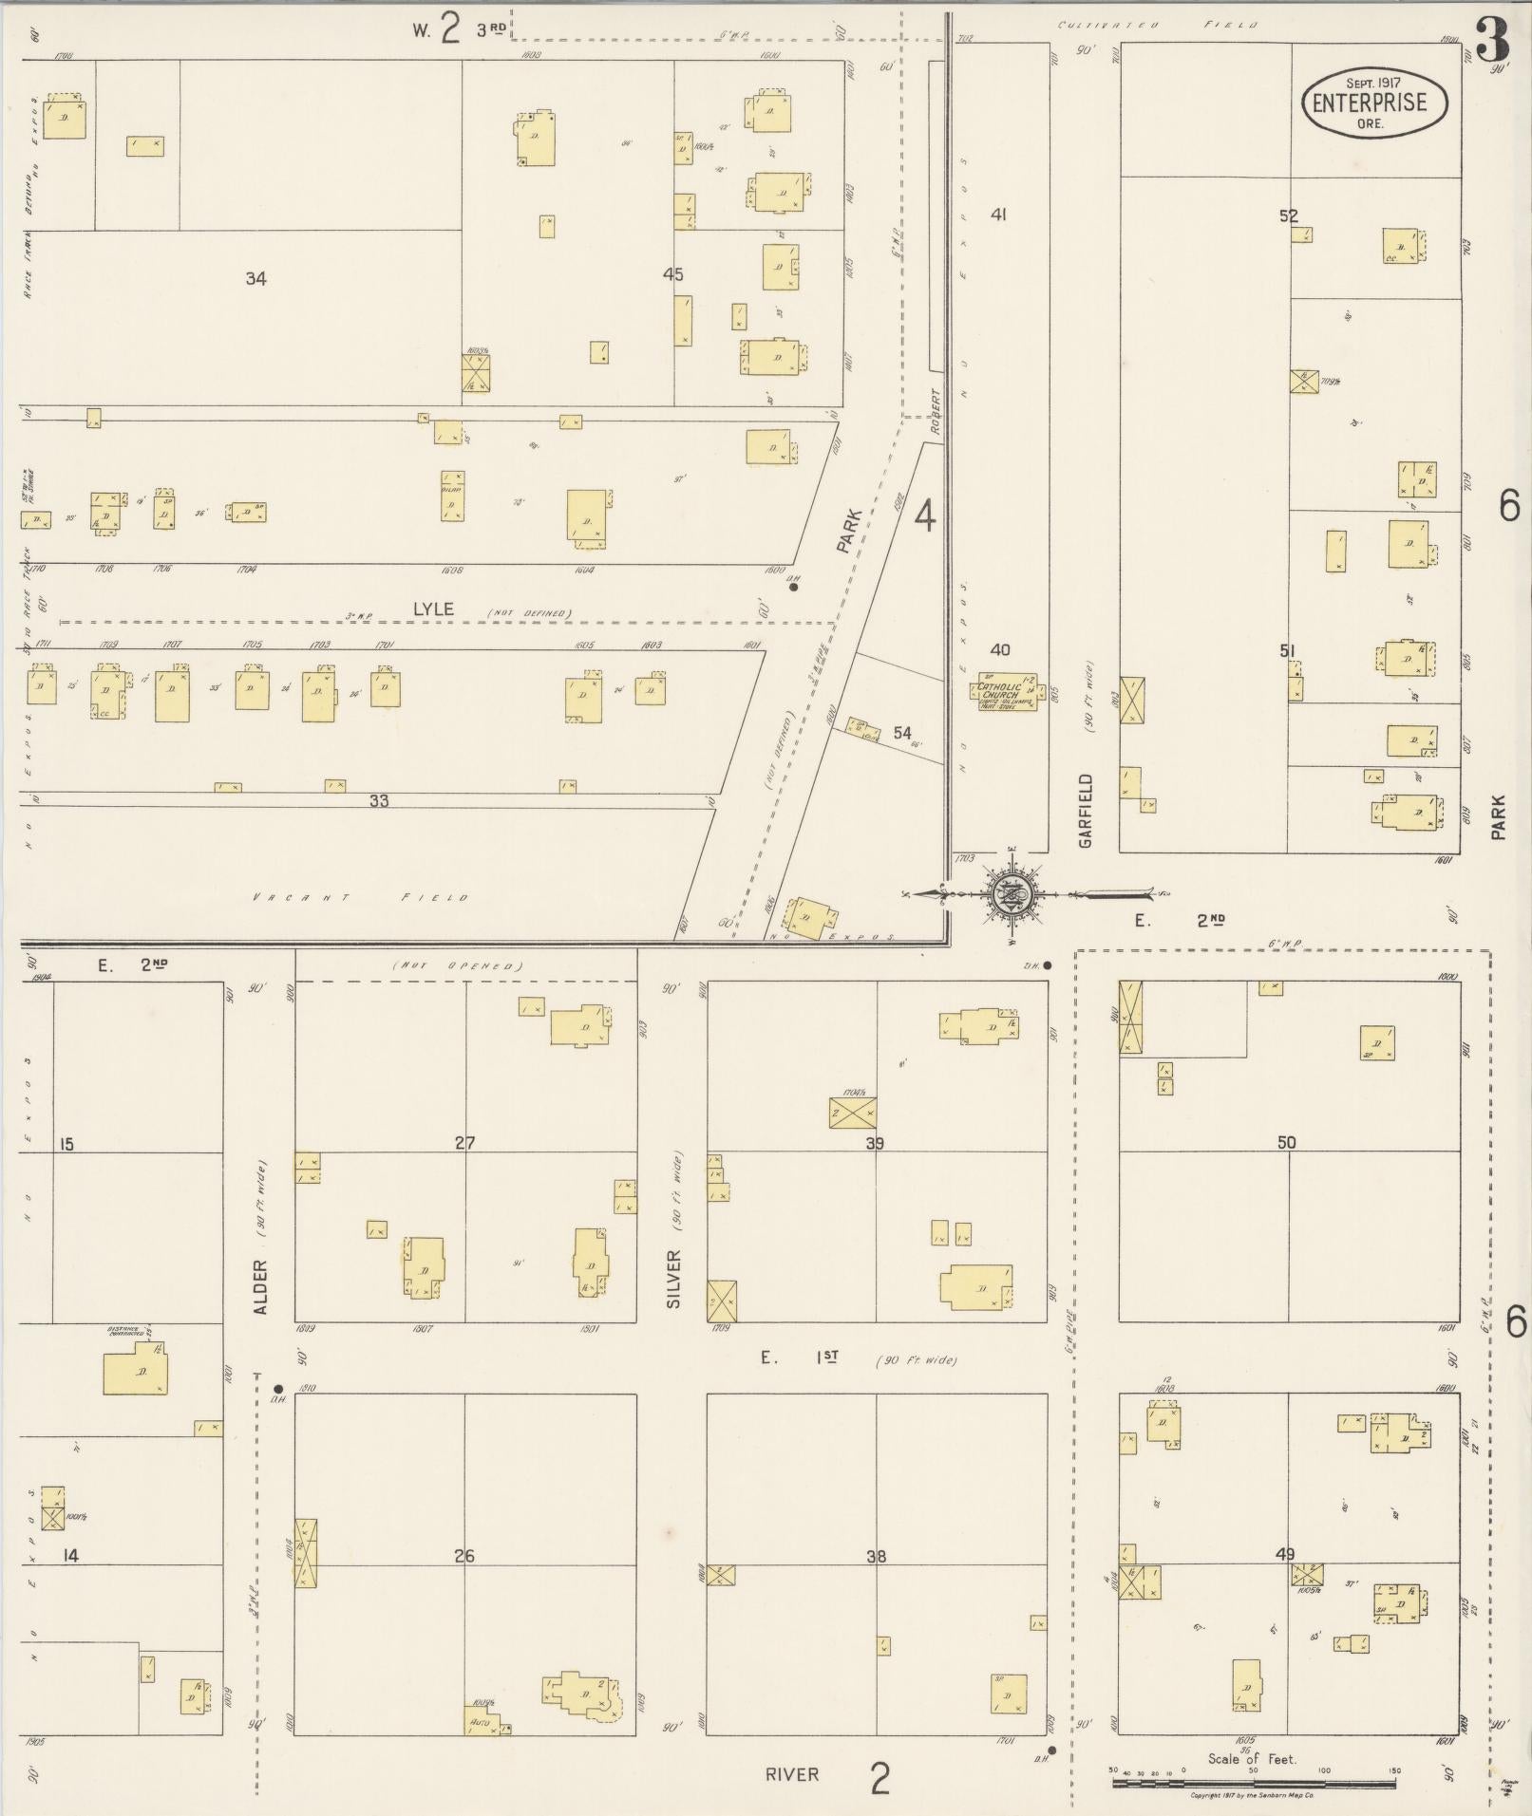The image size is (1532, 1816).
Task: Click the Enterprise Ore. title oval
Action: [1374, 103]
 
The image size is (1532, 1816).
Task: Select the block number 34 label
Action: [255, 278]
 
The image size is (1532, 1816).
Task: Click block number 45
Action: [673, 275]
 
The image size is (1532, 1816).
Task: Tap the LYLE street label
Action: [433, 609]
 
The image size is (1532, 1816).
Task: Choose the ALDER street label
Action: [261, 1287]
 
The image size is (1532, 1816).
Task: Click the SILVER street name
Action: [674, 1279]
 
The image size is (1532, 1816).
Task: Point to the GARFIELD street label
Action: [1087, 810]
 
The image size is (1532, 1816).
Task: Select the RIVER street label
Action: [792, 1774]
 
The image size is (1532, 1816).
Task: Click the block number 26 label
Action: [464, 1556]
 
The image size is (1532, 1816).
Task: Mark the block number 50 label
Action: [1286, 1143]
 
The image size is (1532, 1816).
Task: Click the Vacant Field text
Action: [360, 898]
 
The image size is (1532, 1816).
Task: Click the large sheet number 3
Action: [1493, 40]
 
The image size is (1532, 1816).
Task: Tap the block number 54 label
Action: [902, 733]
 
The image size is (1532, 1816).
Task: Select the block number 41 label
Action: [998, 215]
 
